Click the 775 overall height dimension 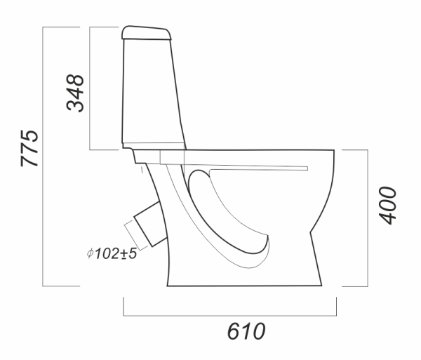pyautogui.click(x=29, y=148)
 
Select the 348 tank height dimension pyautogui.click(x=75, y=93)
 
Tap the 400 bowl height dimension pyautogui.click(x=387, y=206)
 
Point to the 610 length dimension pyautogui.click(x=246, y=331)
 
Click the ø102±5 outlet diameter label pyautogui.click(x=112, y=253)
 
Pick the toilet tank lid pyautogui.click(x=147, y=33)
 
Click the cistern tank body pyautogui.click(x=153, y=93)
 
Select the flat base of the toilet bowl pyautogui.click(x=244, y=286)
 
